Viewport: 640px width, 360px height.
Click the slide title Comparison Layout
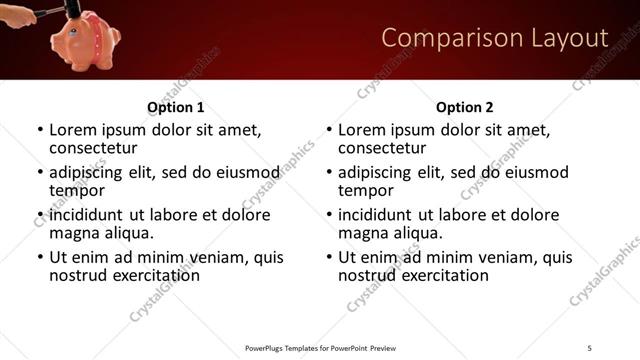pos(495,38)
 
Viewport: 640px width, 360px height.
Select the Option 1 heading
pos(176,107)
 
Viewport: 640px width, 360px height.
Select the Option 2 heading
pos(465,107)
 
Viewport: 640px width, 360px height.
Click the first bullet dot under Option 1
pos(39,130)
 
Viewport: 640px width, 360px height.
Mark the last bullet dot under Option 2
pos(328,257)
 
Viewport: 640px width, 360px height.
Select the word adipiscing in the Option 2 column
pos(377,172)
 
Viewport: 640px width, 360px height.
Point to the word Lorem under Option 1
pos(72,130)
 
